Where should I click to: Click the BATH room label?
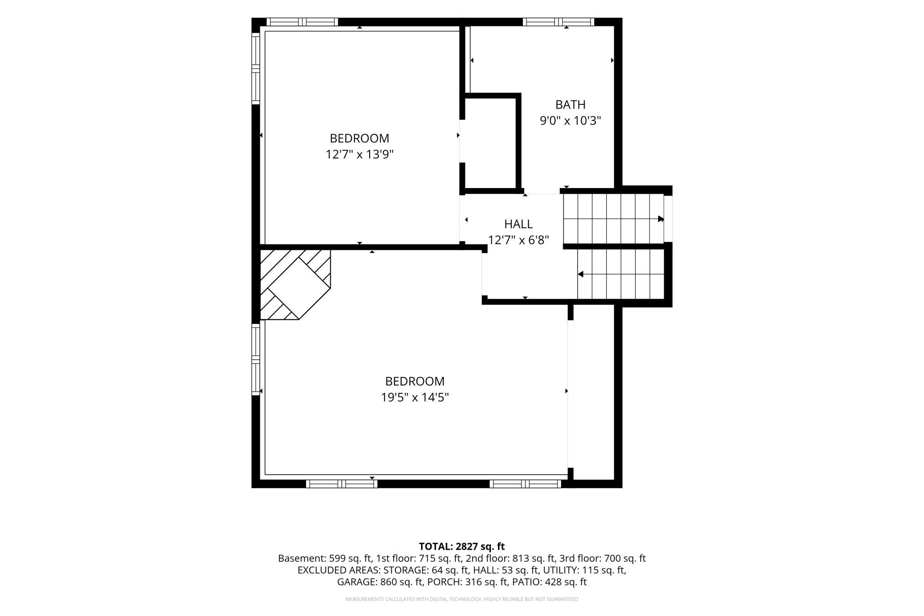(570, 104)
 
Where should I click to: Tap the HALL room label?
(518, 224)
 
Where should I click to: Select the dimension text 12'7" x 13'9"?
(360, 154)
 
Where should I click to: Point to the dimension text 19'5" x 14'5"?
(415, 397)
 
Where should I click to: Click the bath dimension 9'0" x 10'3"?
(570, 120)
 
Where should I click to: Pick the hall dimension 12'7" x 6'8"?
(518, 240)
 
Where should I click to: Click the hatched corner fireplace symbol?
(295, 284)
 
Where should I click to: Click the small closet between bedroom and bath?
(490, 144)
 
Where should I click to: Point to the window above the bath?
(558, 22)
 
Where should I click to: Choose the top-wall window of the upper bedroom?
(302, 22)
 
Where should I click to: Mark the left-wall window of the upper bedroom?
(255, 68)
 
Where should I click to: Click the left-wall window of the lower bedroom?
(255, 359)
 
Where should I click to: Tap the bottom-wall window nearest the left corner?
(342, 484)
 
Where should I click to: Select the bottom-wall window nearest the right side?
(526, 484)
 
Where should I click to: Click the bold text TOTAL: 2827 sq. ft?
(462, 547)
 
